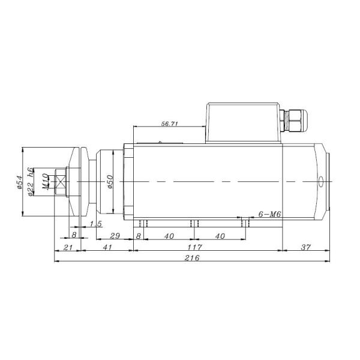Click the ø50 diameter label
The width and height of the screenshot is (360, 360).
(110, 181)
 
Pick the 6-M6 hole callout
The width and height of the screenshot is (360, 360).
(269, 214)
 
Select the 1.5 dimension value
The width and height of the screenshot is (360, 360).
(95, 224)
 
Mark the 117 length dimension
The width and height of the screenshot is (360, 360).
(194, 247)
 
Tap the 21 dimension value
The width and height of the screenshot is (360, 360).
(67, 247)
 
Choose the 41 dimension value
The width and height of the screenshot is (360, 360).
(107, 247)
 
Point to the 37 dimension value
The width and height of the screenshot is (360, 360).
(305, 247)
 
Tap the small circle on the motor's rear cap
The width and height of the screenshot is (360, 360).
(321, 181)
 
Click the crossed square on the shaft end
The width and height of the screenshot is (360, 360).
(61, 181)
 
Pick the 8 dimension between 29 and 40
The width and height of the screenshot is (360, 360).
(139, 235)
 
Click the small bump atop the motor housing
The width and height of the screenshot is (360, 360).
(161, 142)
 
